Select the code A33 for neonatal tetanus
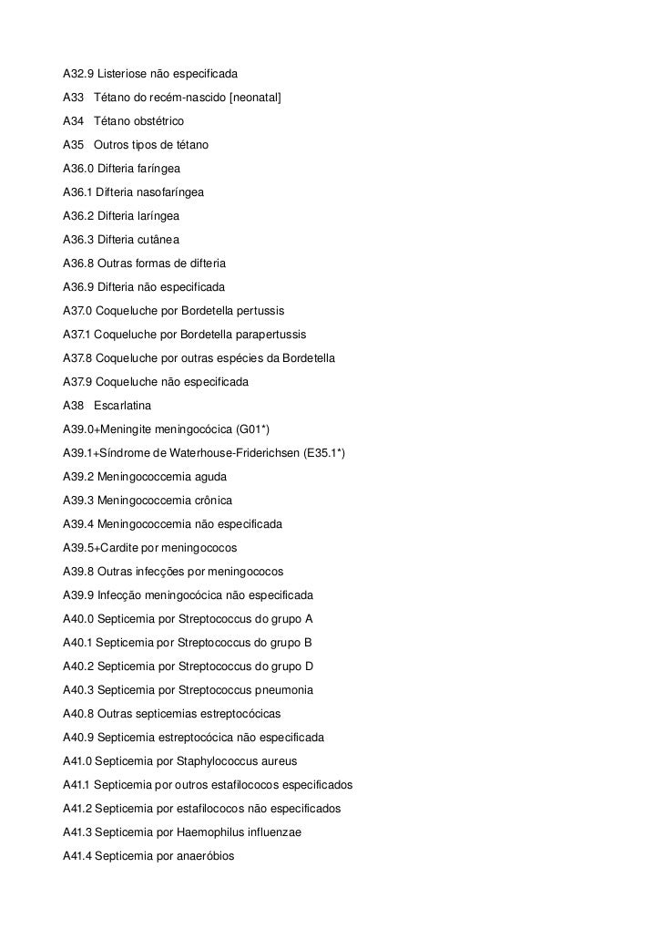(73, 97)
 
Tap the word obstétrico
(155, 120)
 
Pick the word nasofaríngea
(170, 192)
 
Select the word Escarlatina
(122, 405)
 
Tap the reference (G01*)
(252, 429)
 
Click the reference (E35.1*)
(324, 453)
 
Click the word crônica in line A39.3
(210, 501)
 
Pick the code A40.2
(77, 666)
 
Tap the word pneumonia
(283, 690)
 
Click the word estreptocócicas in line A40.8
(240, 714)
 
